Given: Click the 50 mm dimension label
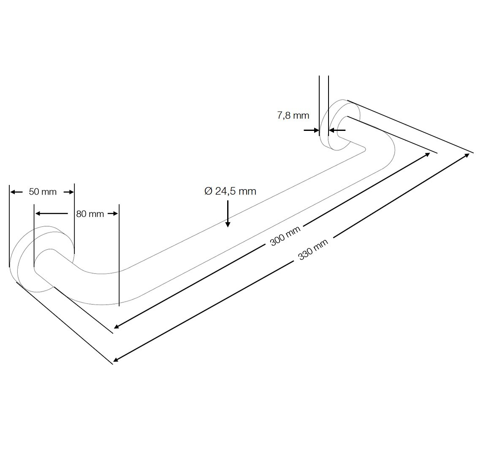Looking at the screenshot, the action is coord(43,192).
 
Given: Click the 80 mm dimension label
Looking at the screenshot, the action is coord(90,214).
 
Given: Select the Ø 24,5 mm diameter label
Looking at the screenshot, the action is coord(230,191).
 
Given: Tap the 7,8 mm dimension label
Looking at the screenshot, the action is coord(293,116).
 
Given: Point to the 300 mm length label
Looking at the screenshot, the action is coord(285,236).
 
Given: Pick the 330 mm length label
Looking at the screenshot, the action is coord(313,250).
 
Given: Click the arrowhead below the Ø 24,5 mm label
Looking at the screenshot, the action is coord(228,224).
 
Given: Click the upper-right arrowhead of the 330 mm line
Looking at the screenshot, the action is coord(467,155).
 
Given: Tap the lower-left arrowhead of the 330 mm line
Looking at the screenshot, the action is coord(116,359).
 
